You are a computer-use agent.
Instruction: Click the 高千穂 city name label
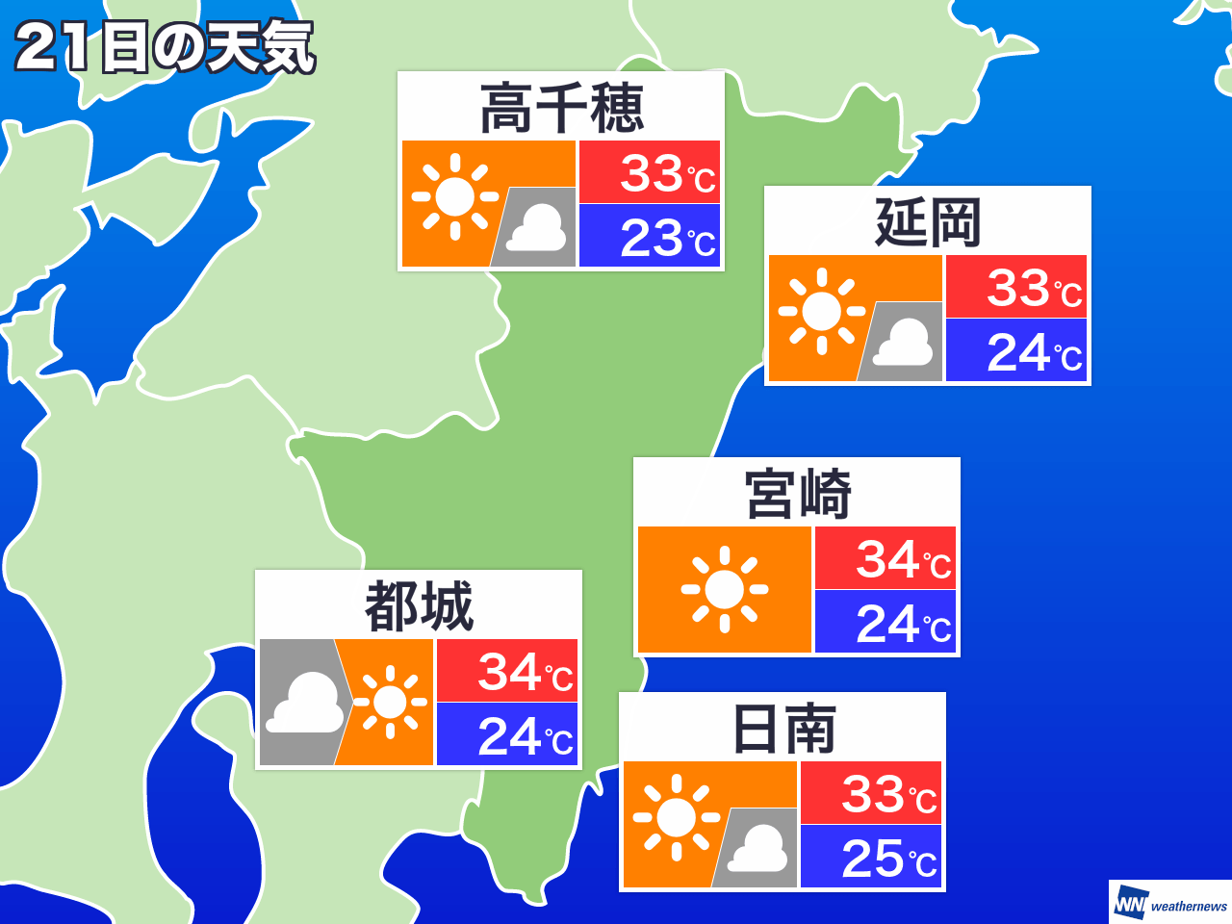[561, 108]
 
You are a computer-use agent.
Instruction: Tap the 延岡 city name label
[928, 222]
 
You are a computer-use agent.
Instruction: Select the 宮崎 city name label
[797, 494]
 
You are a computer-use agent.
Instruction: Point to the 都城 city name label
[419, 606]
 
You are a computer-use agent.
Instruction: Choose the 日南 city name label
[783, 729]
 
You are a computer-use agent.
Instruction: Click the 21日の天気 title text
[165, 47]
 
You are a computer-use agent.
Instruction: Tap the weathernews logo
[1170, 904]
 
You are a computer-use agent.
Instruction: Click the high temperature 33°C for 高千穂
[667, 173]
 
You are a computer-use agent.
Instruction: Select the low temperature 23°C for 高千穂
[667, 238]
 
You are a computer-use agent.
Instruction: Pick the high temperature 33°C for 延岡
[1034, 288]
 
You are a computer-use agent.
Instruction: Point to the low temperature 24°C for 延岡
[1034, 352]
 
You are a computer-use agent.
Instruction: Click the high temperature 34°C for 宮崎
[903, 559]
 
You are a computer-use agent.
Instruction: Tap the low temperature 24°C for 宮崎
[903, 624]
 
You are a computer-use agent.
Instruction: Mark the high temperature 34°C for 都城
[525, 672]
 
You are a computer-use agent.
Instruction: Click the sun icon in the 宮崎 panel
[724, 589]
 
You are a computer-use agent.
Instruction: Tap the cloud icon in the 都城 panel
[305, 705]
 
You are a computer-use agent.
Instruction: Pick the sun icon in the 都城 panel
[390, 703]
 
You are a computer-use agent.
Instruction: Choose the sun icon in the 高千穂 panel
[454, 196]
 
